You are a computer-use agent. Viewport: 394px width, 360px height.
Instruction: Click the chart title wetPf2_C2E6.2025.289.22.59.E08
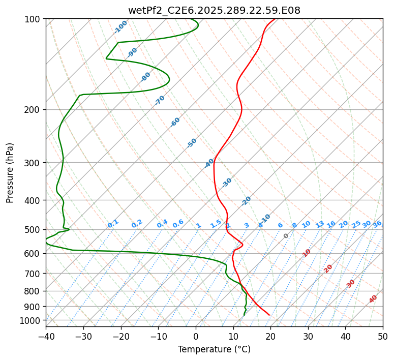tap(214, 10)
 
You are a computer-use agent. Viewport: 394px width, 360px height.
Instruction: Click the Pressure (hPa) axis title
tap(10, 172)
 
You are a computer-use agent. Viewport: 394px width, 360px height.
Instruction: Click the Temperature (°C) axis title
tap(214, 349)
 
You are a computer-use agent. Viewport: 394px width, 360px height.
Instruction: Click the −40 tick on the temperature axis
tap(46, 336)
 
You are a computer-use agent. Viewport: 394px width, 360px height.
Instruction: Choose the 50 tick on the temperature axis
tap(383, 336)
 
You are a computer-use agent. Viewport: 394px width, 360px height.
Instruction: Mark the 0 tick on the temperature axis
tap(196, 336)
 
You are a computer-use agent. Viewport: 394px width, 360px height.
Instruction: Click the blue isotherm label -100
tap(120, 26)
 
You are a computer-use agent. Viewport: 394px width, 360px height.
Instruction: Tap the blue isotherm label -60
tap(175, 122)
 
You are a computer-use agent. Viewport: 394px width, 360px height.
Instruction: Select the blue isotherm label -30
tap(227, 182)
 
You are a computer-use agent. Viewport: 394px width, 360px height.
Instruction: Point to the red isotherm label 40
tap(373, 299)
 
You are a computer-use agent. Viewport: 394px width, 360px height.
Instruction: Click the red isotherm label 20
tap(328, 268)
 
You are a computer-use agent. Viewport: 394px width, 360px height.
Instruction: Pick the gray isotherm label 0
tap(286, 236)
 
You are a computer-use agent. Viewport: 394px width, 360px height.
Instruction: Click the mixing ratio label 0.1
tap(113, 223)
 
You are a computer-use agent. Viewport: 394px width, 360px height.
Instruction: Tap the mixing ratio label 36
tap(377, 224)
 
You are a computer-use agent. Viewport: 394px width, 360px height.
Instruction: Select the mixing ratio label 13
tap(320, 224)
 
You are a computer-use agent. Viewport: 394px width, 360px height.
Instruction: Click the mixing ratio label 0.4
tap(162, 224)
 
